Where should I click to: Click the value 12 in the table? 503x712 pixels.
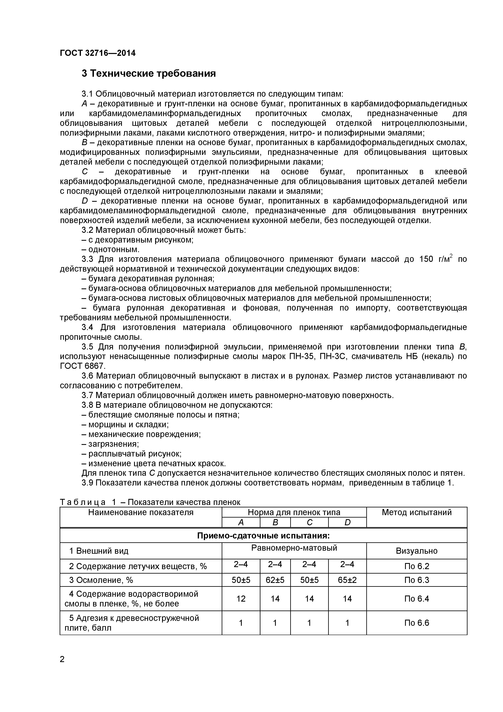(x=241, y=599)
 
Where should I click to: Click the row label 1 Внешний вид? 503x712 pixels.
(x=99, y=551)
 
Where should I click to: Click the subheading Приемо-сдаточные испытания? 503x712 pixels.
(x=263, y=536)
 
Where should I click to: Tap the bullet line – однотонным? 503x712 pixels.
(x=111, y=249)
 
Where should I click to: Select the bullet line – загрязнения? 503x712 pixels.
(x=110, y=444)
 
